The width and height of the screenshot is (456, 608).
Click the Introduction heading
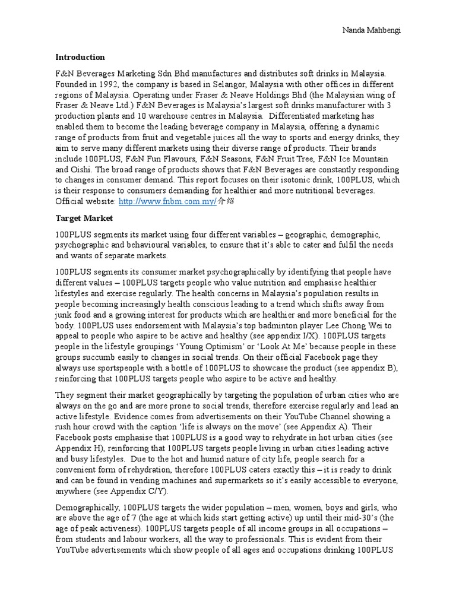point(80,58)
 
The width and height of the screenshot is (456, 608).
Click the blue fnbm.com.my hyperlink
point(150,202)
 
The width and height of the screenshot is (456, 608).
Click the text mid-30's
point(363,518)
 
